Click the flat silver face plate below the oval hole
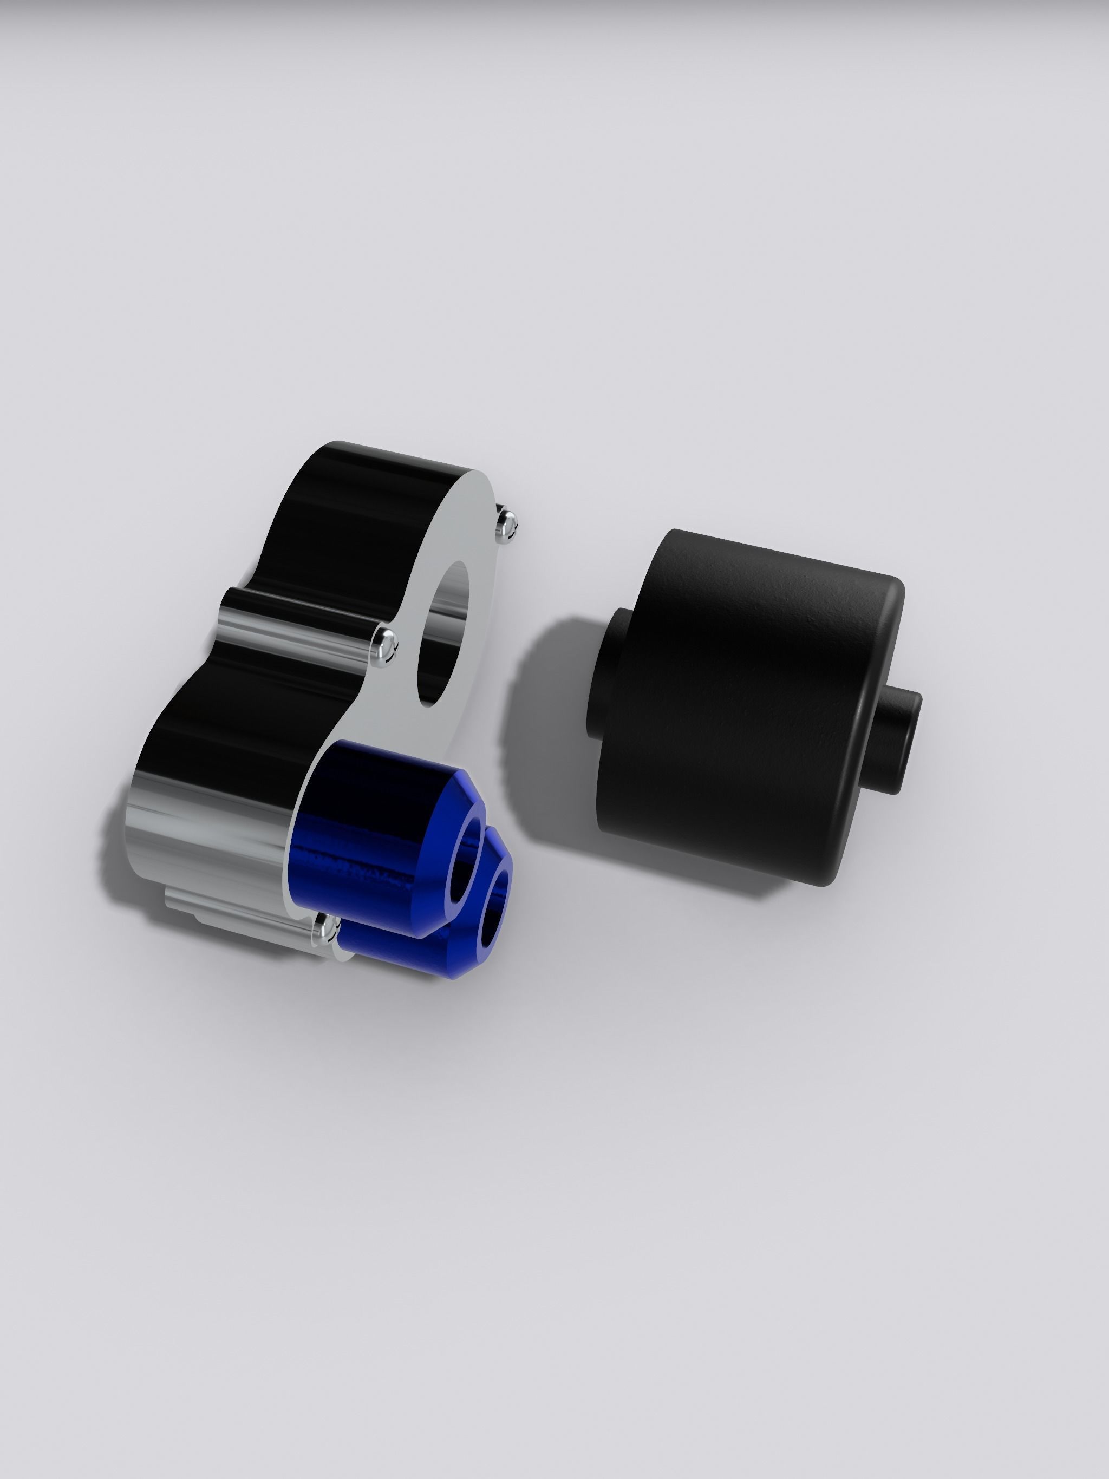coord(375,729)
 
